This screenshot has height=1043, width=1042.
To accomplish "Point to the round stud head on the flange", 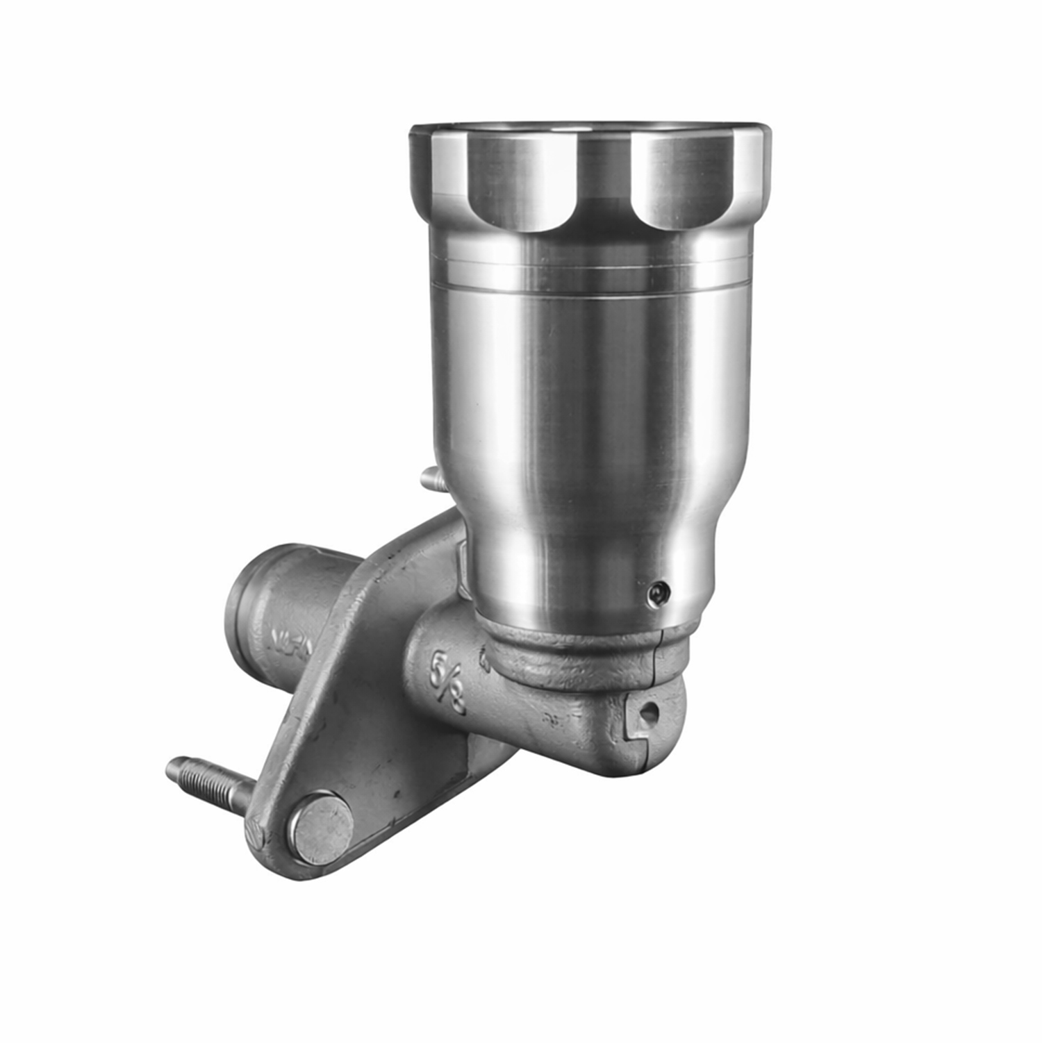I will pyautogui.click(x=322, y=828).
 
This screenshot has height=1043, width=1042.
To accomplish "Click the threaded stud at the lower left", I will pyautogui.click(x=208, y=783).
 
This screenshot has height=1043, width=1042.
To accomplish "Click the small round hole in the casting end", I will pyautogui.click(x=649, y=711).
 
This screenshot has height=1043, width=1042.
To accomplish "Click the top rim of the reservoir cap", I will pyautogui.click(x=590, y=129).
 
